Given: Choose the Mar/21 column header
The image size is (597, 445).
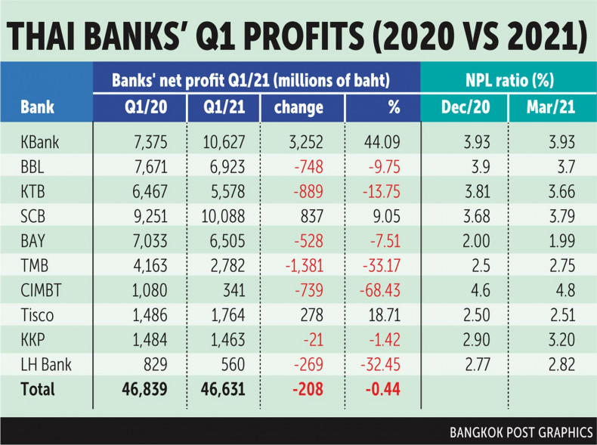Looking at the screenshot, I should (552, 107).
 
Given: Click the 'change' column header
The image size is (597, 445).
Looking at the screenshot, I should (299, 107).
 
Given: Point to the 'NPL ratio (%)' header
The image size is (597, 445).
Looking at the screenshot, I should (507, 77).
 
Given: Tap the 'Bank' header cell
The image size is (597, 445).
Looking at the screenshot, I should (37, 107).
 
